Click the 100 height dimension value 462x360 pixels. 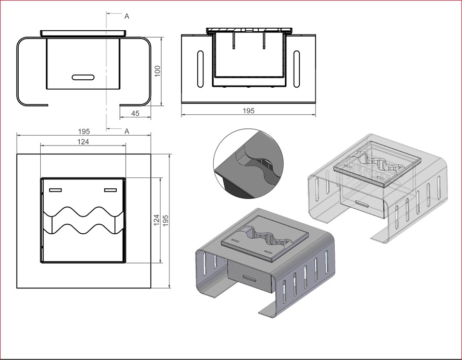point(157,71)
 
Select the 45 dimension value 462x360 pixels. point(135,113)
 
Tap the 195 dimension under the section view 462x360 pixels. point(248,111)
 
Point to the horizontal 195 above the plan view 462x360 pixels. point(83,131)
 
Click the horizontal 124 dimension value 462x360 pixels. point(83,142)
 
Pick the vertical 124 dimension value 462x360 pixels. point(157,220)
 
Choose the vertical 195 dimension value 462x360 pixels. point(166,221)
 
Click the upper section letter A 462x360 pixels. point(127,16)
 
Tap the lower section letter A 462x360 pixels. point(127,131)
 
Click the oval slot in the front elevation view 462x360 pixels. point(83,77)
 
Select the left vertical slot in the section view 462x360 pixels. point(200,69)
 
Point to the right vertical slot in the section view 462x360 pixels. point(297,69)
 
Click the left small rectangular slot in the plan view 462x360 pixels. point(55,190)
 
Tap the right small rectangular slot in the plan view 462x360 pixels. point(111,190)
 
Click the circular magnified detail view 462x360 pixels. point(248,164)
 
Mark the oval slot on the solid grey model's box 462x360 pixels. point(250,278)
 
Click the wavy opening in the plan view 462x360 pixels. point(83,220)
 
